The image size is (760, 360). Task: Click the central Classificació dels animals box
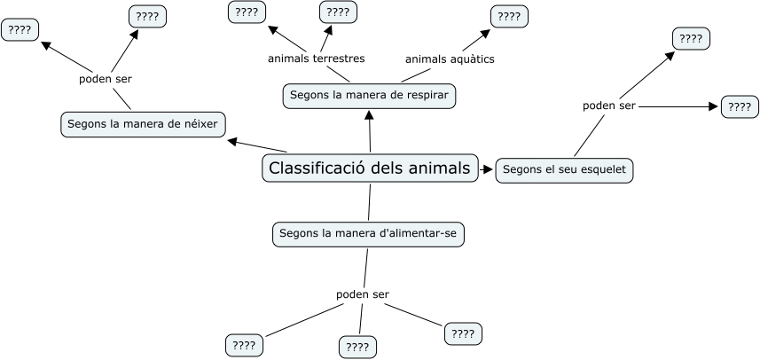tap(370, 168)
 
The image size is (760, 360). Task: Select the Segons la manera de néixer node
tap(143, 124)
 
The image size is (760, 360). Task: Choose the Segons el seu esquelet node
tap(565, 169)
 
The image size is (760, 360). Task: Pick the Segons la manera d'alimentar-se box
tap(368, 234)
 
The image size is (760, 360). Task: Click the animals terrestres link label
tap(316, 59)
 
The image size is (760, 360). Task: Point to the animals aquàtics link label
tap(450, 59)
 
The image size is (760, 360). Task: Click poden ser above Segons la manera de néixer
tap(106, 78)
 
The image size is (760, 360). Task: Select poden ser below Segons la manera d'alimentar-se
tap(362, 294)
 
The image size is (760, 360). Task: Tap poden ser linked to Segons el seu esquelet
tap(608, 106)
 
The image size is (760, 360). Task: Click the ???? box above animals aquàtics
tap(509, 16)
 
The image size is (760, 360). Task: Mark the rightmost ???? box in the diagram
tap(740, 106)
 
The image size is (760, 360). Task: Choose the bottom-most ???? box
tap(357, 348)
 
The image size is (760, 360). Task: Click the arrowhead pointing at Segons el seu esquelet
tap(488, 169)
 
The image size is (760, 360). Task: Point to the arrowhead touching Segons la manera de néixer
tap(231, 140)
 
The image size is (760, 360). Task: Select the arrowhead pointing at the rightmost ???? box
tap(713, 106)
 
